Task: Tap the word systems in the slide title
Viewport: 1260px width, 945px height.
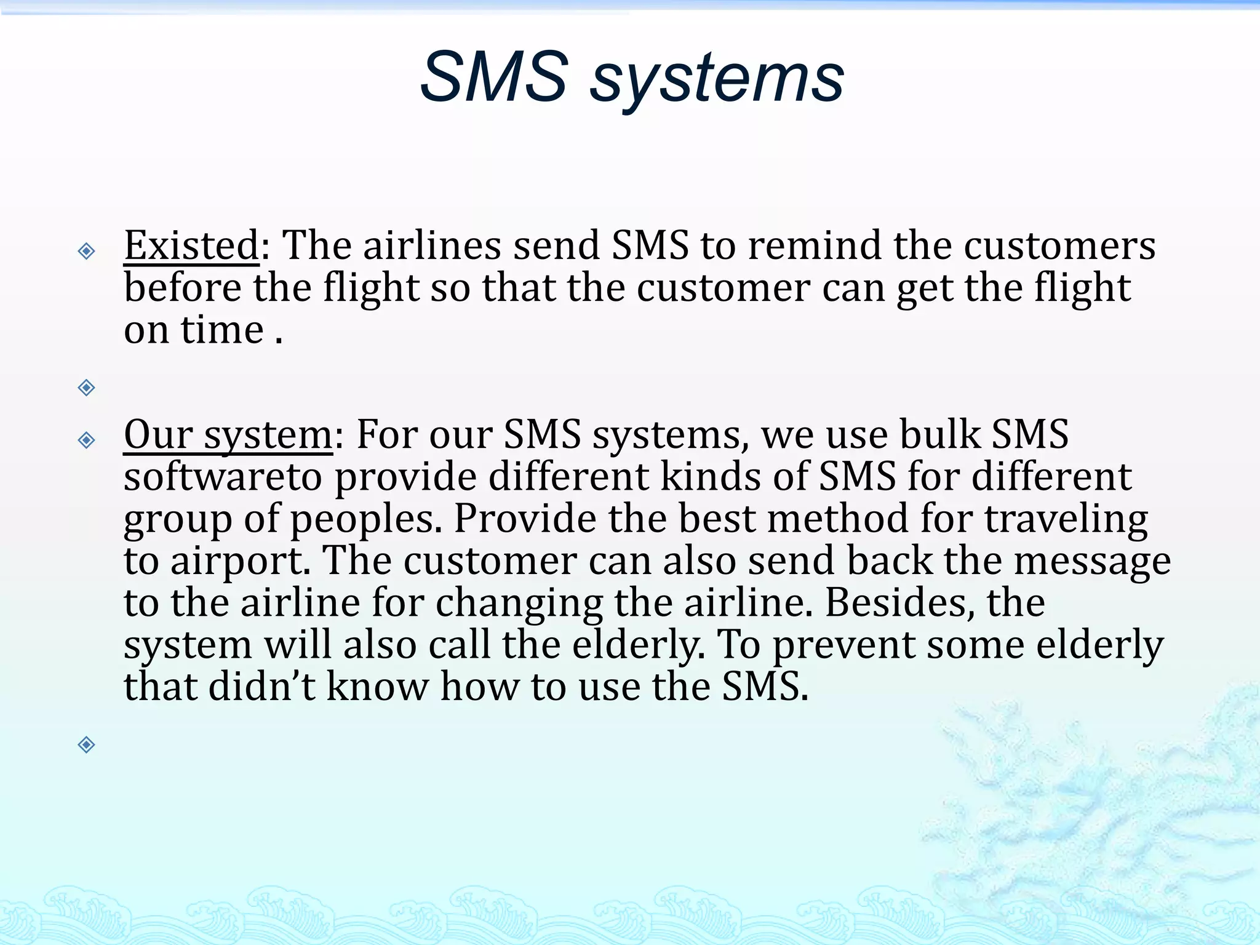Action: coord(717,80)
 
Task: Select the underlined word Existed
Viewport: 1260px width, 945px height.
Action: coord(191,246)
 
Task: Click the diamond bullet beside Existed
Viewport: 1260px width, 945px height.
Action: coord(87,251)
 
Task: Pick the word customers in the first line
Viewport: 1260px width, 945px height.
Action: coord(1059,246)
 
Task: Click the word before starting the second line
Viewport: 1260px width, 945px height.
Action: coord(183,288)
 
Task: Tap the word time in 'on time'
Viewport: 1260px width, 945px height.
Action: coord(222,330)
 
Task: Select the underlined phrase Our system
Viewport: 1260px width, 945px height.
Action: coord(228,436)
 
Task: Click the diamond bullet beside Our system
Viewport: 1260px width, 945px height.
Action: coord(87,440)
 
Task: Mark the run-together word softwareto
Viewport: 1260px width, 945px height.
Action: coord(223,477)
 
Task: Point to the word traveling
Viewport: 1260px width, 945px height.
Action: coord(1066,520)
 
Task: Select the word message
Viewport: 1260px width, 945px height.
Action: coord(1092,562)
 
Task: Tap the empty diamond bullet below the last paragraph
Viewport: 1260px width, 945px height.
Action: coord(87,745)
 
